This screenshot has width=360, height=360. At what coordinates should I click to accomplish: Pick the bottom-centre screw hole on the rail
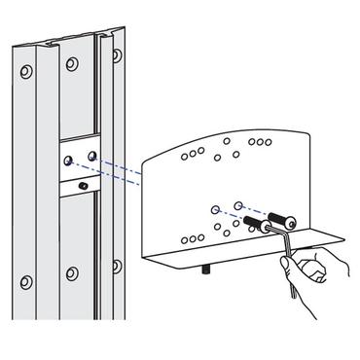pyautogui.click(x=71, y=274)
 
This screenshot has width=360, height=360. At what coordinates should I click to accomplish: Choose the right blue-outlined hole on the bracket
pyautogui.click(x=239, y=205)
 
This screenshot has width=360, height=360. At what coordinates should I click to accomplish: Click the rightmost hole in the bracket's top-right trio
pyautogui.click(x=268, y=141)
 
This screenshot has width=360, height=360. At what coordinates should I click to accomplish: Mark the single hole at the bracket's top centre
pyautogui.click(x=226, y=141)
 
